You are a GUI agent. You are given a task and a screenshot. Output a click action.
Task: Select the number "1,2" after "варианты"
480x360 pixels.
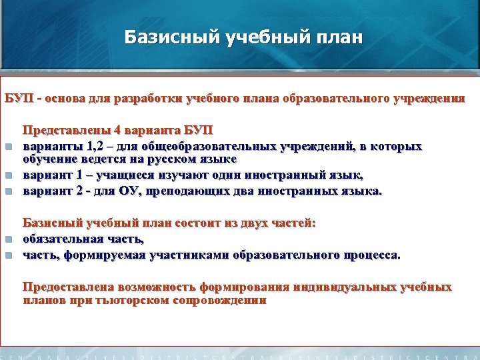(x=87, y=145)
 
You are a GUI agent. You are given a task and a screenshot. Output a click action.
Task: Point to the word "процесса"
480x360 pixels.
(x=373, y=254)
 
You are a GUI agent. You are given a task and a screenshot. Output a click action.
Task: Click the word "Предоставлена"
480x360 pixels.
(x=68, y=287)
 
